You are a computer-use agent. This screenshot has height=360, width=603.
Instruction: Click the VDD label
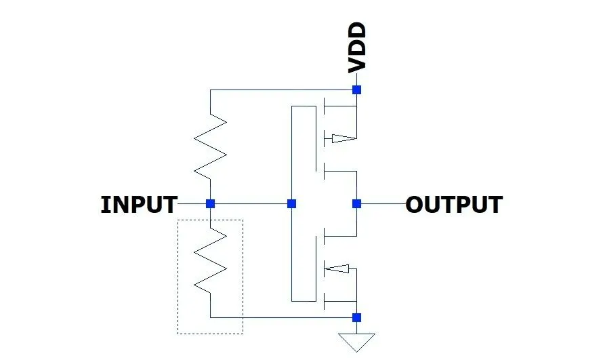click(356, 47)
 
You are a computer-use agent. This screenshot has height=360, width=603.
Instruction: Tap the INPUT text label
click(139, 204)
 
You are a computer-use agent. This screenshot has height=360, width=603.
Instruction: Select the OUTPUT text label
click(454, 204)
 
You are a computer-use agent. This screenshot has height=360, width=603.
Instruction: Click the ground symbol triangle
click(356, 341)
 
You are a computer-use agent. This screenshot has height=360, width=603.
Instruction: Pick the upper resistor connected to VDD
click(211, 146)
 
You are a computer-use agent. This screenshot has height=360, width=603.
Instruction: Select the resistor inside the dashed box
click(211, 260)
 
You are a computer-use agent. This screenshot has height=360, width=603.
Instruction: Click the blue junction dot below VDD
click(356, 89)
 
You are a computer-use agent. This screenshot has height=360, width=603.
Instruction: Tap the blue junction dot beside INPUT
click(211, 203)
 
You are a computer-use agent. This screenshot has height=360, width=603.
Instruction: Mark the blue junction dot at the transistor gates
click(292, 203)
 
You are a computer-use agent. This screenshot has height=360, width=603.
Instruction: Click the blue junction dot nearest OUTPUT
click(356, 203)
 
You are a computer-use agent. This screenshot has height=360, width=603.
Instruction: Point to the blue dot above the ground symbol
click(356, 317)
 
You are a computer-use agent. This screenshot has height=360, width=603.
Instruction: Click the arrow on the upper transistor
click(342, 139)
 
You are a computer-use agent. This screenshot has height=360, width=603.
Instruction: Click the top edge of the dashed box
click(210, 219)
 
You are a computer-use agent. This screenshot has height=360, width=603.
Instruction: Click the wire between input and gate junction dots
click(251, 203)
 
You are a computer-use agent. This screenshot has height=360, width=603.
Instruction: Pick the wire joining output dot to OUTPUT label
click(381, 203)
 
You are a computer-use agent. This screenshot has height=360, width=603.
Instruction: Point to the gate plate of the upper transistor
click(316, 139)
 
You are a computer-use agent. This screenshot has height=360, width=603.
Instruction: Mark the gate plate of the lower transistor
click(316, 268)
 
